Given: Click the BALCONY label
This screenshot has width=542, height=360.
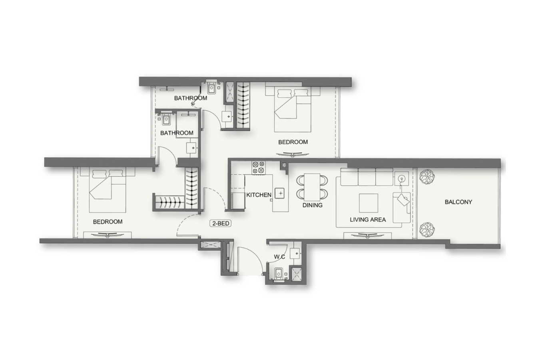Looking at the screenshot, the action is click(x=458, y=202).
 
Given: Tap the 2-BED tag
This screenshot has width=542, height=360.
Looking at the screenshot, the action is click(x=220, y=224).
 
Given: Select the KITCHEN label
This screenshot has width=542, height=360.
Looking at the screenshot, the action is click(x=259, y=195).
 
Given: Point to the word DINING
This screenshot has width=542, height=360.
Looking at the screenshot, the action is click(x=313, y=205).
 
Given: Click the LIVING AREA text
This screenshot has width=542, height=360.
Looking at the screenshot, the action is click(x=368, y=220).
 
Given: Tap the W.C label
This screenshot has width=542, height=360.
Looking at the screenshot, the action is click(x=279, y=257).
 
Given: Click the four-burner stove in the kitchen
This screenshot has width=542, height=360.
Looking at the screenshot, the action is click(x=258, y=168).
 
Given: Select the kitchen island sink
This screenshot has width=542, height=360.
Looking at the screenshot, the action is click(x=279, y=193).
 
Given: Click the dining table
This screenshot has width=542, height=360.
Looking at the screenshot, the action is click(x=312, y=187).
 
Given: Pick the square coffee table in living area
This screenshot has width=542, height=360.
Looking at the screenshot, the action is click(x=369, y=203).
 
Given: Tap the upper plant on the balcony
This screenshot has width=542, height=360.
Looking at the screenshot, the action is click(x=427, y=177).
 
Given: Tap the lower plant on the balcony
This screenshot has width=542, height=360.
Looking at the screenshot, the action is click(x=427, y=230).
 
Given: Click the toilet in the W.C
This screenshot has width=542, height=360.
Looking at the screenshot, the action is click(x=279, y=274).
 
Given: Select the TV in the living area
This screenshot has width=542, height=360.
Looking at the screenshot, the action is click(x=367, y=234).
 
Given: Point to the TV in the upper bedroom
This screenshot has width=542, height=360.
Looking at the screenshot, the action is click(x=293, y=154).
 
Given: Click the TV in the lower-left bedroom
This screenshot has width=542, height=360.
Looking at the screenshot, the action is click(x=108, y=234).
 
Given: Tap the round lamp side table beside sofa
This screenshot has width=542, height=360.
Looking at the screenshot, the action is click(x=402, y=179).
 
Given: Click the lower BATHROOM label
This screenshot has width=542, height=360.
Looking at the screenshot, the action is click(x=177, y=133).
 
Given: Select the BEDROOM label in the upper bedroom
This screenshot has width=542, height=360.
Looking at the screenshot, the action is click(x=293, y=142).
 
